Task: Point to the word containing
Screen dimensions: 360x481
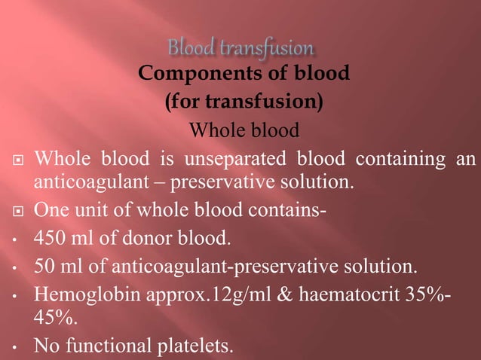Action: point(397,160)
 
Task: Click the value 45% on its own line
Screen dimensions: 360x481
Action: point(52,319)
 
